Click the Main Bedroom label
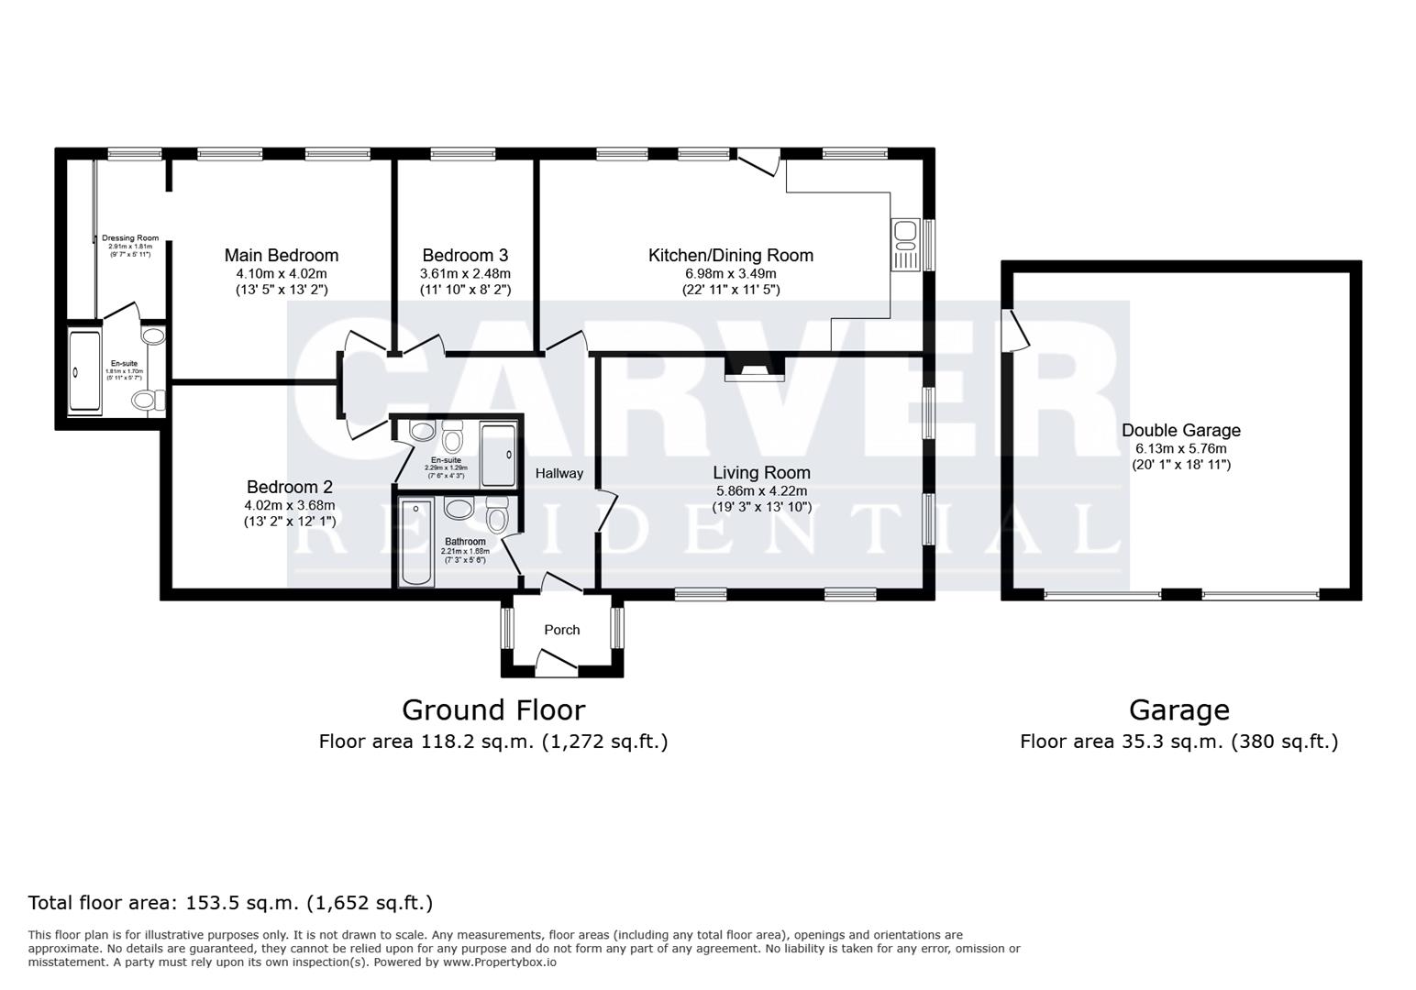(282, 256)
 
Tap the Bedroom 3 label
(465, 256)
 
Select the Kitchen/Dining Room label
(730, 256)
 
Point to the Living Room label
(761, 473)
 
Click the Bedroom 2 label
(289, 488)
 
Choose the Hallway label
(559, 474)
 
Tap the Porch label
(561, 630)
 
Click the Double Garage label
(1180, 431)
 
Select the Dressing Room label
(130, 238)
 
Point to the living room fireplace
(755, 369)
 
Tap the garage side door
(1015, 330)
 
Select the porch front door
(556, 664)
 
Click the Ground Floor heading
(493, 710)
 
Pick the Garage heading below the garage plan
(1178, 710)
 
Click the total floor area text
(230, 903)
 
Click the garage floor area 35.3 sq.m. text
(1178, 742)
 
